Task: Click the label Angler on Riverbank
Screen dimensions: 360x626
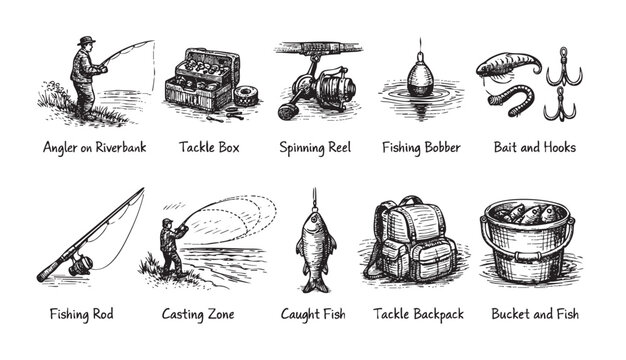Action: (x=94, y=148)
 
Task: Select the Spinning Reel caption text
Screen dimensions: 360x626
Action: (x=314, y=148)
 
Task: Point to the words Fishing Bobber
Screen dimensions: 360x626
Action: (x=421, y=148)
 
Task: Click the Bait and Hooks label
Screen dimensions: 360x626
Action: (x=534, y=148)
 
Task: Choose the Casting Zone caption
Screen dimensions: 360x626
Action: (x=199, y=314)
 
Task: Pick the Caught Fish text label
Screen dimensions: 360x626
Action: (x=314, y=314)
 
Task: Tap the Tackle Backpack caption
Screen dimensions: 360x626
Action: (x=418, y=314)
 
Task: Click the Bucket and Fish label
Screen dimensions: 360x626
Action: (x=534, y=314)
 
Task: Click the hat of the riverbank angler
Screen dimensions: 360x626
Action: (x=87, y=41)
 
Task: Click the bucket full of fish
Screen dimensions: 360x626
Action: (x=526, y=245)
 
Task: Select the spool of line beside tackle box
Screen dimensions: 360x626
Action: (x=245, y=96)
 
